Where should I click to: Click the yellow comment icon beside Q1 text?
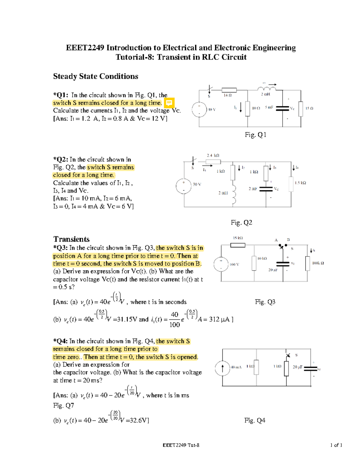[169, 103]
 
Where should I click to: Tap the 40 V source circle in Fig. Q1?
[199, 109]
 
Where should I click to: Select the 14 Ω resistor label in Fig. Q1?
[227, 95]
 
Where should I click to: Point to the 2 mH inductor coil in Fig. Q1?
[267, 88]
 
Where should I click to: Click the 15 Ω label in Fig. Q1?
[309, 108]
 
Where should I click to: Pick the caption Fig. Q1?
[256, 135]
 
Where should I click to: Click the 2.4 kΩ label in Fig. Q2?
[213, 156]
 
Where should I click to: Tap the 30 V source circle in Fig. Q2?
[184, 186]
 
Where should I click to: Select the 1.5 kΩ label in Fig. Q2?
[300, 183]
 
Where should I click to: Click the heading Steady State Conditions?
[96, 76]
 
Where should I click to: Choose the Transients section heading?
[71, 239]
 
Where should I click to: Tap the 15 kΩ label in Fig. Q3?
[238, 238]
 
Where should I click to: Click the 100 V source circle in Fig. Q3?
[221, 264]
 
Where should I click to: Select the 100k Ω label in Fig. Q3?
[318, 263]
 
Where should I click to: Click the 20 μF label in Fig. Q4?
[297, 367]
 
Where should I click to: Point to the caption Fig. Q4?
[255, 420]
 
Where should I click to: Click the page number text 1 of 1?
[336, 445]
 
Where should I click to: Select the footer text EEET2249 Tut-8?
[181, 445]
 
